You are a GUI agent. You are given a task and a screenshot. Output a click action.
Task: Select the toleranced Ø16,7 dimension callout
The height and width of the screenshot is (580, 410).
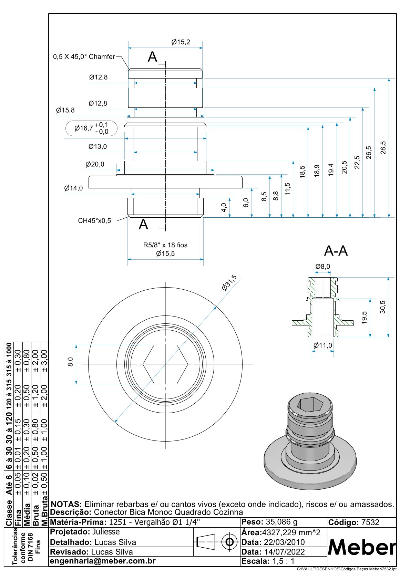click(91, 128)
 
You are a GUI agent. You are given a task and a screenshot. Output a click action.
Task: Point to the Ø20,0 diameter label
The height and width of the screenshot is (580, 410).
click(95, 164)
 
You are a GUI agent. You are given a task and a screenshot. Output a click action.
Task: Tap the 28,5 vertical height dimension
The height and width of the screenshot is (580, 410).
click(383, 148)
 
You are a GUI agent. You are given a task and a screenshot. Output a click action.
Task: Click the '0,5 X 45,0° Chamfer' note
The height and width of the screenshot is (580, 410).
click(84, 57)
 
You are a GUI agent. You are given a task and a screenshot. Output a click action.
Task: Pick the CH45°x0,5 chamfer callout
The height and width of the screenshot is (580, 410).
click(94, 221)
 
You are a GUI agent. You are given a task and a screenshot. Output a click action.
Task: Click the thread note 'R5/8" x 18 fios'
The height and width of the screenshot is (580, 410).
click(165, 245)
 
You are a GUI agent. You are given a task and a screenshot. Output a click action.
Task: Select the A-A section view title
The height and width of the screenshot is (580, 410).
click(336, 251)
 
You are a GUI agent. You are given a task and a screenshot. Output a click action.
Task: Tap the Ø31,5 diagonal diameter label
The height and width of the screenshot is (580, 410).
click(229, 283)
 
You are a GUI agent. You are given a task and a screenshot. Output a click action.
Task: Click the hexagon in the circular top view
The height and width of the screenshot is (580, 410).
click(165, 364)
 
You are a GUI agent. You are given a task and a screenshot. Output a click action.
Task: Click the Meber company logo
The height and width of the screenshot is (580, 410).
click(362, 547)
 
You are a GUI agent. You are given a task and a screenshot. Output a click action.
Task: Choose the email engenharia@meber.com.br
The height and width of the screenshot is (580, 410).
click(103, 561)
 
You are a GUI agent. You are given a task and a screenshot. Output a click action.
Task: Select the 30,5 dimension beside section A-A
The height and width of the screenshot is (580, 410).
click(382, 307)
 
